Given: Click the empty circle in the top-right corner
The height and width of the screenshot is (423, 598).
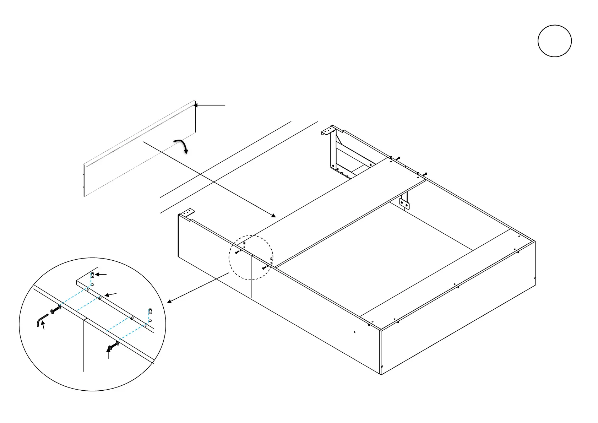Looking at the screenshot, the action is [554, 41].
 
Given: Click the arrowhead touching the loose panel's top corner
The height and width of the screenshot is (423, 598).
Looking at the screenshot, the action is [195, 105].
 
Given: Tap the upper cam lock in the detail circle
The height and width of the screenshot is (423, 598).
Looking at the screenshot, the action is [92, 275].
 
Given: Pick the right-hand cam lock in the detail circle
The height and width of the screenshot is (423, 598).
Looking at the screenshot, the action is [150, 311].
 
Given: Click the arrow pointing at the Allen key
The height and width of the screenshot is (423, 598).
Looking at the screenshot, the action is [43, 325].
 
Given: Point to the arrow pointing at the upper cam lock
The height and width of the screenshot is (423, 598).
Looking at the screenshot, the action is [101, 275].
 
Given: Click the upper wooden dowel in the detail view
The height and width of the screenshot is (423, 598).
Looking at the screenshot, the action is [100, 298].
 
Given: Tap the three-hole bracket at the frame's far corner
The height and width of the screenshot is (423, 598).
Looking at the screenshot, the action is [328, 132].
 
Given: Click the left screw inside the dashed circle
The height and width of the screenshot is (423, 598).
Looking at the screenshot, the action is [238, 252].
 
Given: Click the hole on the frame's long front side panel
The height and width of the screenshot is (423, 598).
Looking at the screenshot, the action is [354, 332].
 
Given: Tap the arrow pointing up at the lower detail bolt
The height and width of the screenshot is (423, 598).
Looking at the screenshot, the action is [108, 353].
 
